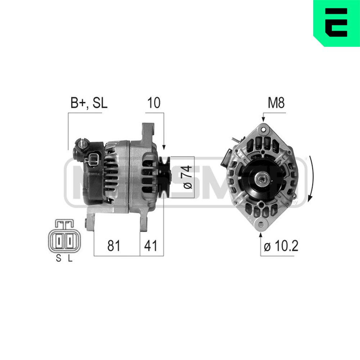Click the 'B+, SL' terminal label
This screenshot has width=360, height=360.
coord(89,103)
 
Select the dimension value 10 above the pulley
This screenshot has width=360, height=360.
coord(153,103)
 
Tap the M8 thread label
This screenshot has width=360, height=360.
coord(276,103)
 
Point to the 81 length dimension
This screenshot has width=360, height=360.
coord(114,246)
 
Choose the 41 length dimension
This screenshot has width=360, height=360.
coord(151,246)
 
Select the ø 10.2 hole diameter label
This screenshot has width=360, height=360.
coord(281,246)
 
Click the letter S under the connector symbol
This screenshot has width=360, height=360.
coord(58,259)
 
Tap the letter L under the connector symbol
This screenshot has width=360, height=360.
coord(70,259)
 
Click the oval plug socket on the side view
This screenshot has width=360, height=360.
coord(93,160)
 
